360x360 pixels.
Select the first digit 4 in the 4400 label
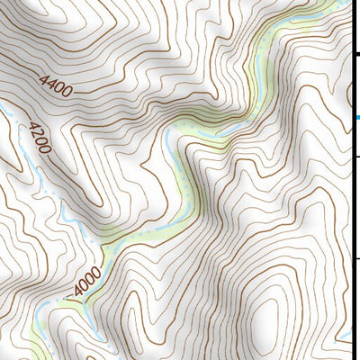tap(43, 79)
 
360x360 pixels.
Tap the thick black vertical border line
tap(352, 180)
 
